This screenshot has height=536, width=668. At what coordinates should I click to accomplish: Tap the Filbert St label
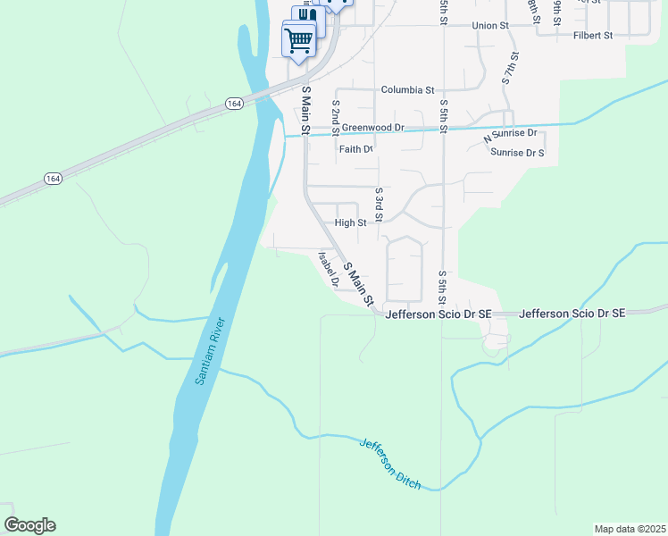point(594,36)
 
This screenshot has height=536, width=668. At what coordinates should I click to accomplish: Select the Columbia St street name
point(407,90)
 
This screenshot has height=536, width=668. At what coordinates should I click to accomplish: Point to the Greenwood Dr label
point(373,128)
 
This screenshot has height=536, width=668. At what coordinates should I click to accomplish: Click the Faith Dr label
point(355,149)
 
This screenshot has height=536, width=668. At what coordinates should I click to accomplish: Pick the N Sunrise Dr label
point(511,137)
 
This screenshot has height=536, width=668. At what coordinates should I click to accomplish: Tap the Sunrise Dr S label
point(517,153)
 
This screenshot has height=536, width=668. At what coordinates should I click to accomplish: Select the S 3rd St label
point(379,204)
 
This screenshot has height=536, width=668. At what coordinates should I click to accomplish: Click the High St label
point(350,222)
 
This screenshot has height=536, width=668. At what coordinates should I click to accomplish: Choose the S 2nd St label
point(335,117)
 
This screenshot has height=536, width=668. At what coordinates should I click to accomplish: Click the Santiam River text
point(210,351)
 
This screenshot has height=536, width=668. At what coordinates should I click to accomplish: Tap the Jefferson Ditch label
point(389,463)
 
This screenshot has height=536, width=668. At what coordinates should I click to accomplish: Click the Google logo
point(29,525)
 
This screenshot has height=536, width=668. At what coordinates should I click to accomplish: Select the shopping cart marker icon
point(298,38)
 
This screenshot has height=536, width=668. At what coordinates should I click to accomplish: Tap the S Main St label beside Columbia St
point(305,111)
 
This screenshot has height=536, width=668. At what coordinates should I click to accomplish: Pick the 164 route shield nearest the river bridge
point(234,104)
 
